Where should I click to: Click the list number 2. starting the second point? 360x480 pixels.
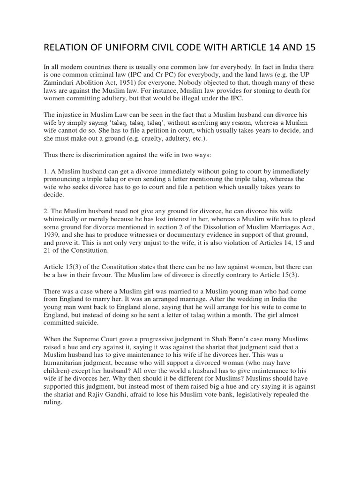coord(46,210)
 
